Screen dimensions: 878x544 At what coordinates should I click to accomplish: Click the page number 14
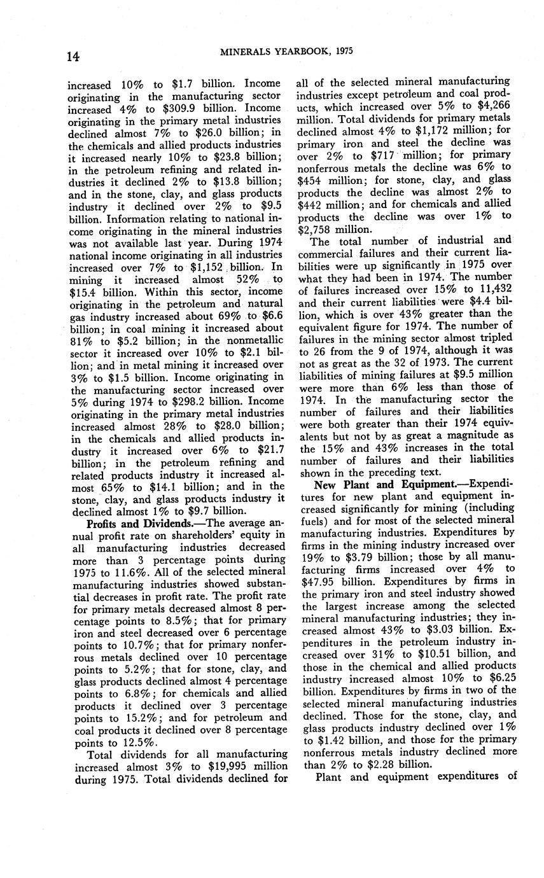(73, 55)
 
